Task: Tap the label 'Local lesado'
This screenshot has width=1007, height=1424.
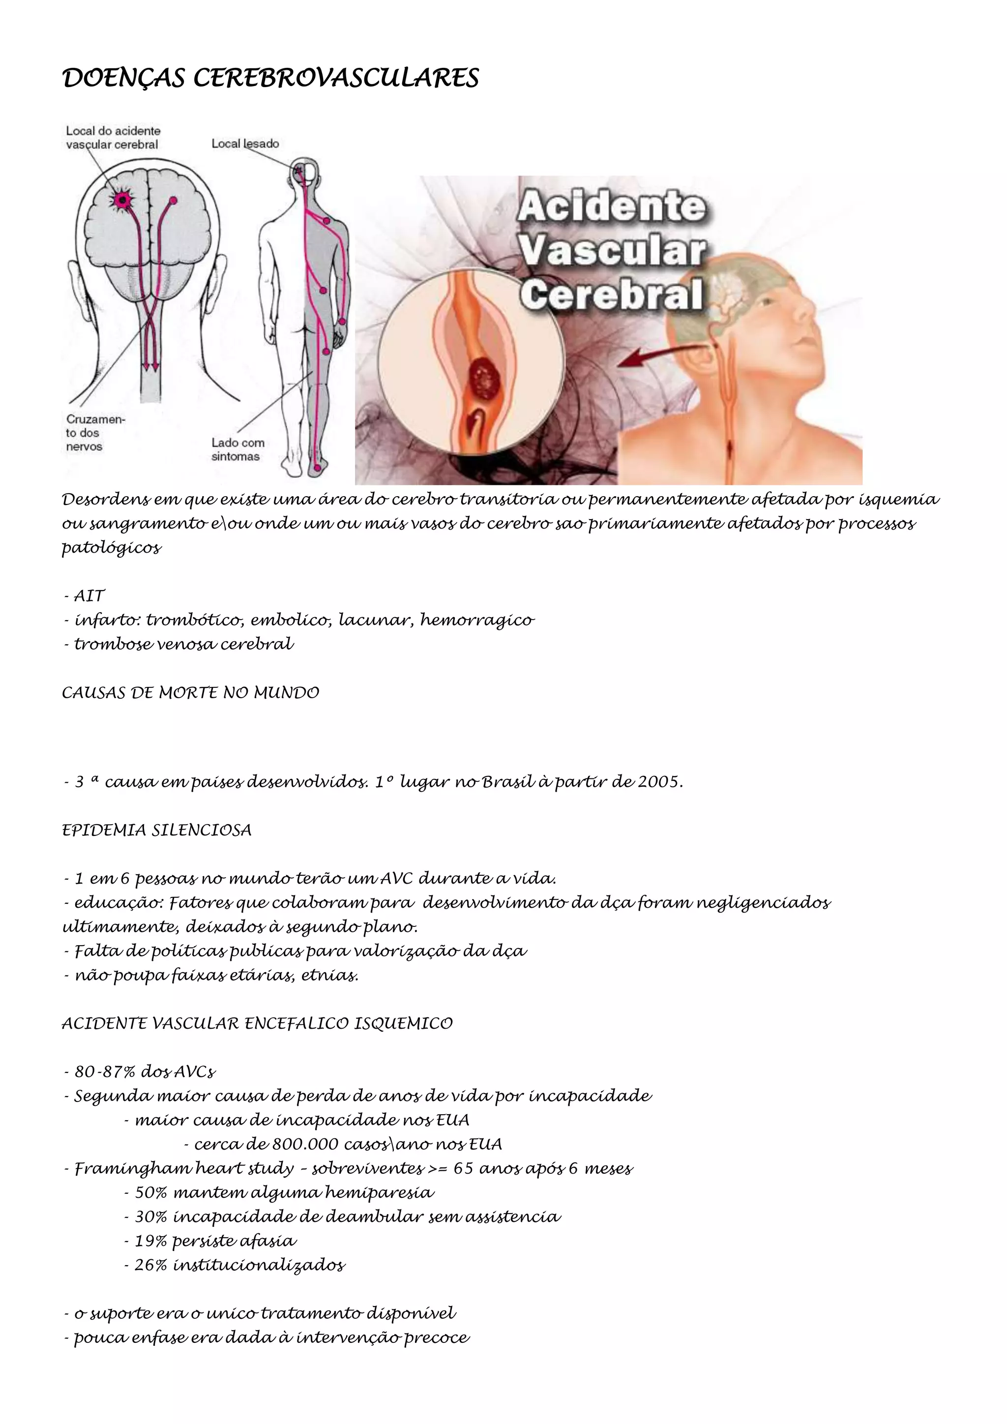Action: tap(245, 144)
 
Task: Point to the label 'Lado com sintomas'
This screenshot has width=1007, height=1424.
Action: tap(237, 449)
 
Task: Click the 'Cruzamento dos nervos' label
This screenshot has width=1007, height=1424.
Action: tap(95, 433)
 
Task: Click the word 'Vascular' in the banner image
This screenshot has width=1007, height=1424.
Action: tap(613, 251)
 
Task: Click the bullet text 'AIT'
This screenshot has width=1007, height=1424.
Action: tap(89, 596)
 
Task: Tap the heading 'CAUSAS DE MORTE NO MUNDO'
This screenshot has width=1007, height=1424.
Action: tap(190, 693)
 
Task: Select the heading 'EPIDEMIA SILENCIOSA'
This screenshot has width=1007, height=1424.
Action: tap(157, 831)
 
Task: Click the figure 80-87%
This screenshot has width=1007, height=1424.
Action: tap(105, 1072)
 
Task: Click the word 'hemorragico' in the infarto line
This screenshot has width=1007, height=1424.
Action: tap(477, 620)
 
